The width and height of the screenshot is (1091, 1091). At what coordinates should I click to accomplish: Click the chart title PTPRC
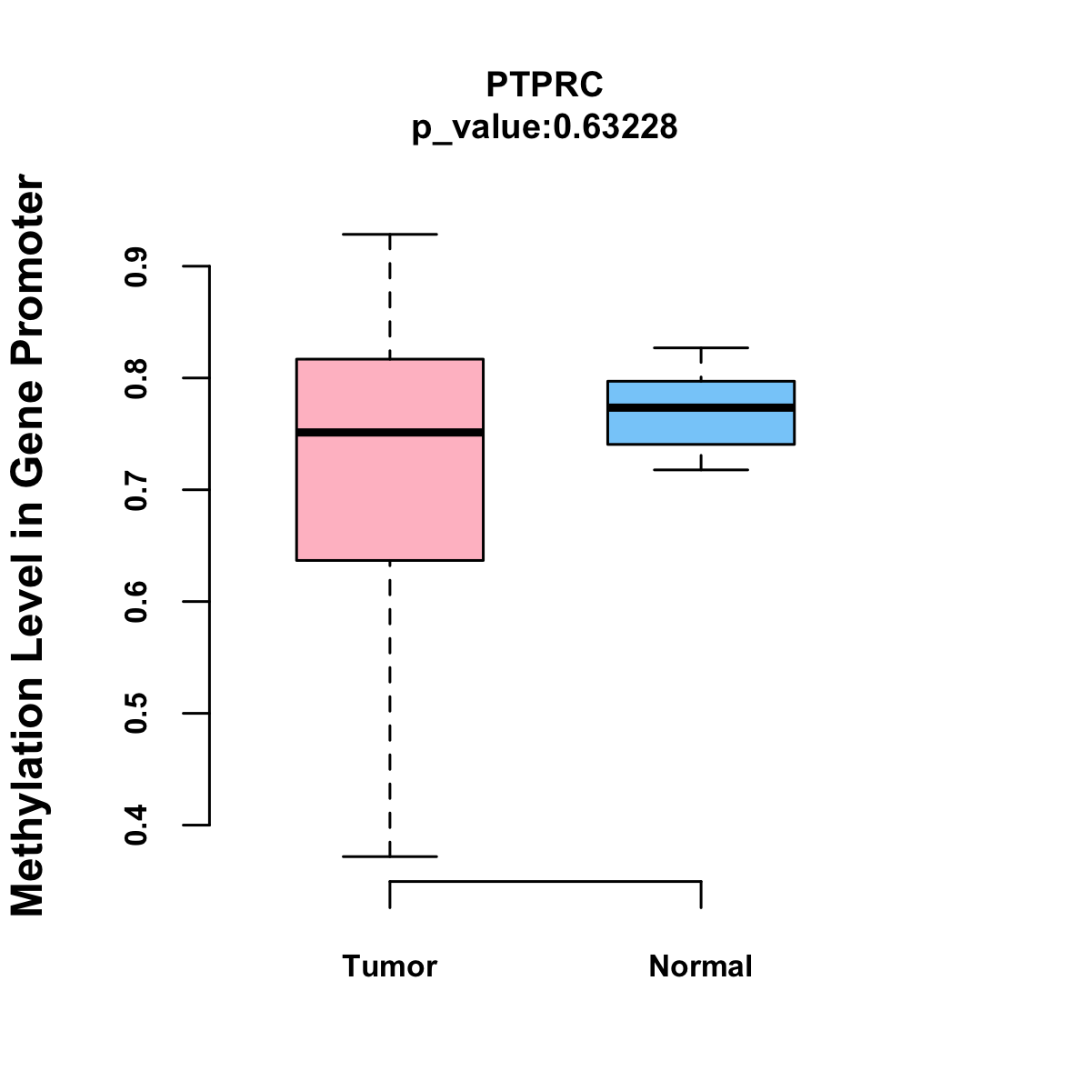545,85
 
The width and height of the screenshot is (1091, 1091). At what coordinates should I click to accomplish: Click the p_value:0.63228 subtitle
545,127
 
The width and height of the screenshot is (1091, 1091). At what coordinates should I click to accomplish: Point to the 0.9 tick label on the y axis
137,266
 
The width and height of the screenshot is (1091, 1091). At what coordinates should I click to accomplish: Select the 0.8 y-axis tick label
137,378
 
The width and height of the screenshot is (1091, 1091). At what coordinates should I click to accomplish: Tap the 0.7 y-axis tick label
137,490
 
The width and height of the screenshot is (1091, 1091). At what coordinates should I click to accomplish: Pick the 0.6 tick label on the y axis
137,602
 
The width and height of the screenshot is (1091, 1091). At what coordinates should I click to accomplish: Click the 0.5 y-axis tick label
137,714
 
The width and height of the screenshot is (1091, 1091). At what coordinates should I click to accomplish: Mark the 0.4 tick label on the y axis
137,826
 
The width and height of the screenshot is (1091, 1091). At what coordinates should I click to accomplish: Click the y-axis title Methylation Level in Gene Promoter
28,545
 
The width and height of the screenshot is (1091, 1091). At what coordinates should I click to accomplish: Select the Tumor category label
390,966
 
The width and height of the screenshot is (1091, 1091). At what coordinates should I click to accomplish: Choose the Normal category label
701,966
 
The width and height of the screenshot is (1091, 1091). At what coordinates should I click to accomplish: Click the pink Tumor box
390,500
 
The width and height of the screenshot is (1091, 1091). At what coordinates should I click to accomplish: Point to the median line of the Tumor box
390,433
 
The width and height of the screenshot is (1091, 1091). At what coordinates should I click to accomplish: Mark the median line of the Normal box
701,408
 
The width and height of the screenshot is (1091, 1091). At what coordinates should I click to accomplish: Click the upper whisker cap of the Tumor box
390,235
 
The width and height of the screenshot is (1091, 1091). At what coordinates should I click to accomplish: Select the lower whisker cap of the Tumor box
390,856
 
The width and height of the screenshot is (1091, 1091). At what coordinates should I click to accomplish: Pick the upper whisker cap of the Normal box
701,348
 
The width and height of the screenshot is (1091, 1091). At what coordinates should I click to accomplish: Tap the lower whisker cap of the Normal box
701,470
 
